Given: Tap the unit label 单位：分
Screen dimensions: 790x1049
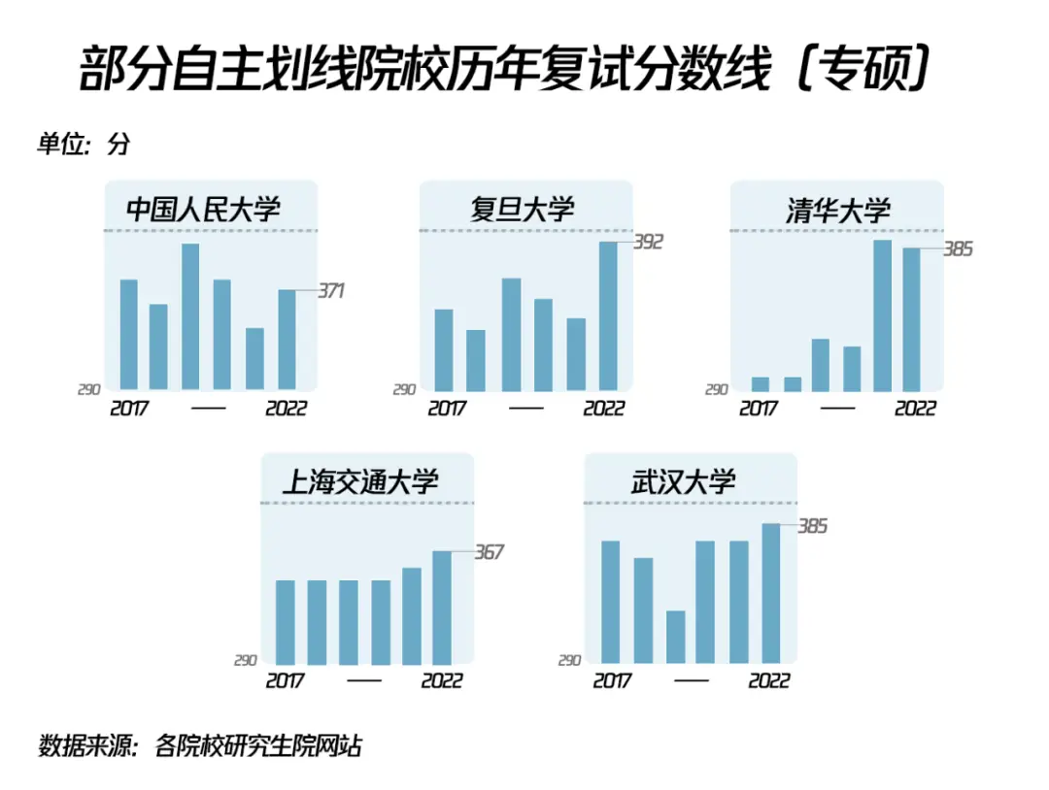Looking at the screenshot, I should tap(83, 146).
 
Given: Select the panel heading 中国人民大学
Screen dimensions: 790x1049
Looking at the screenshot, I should tap(203, 209).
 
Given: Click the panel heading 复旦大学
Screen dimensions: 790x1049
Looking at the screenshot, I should tap(523, 209).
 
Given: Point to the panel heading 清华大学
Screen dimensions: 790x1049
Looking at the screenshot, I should tap(837, 210).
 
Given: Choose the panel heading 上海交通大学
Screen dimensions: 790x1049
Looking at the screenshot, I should tap(360, 481).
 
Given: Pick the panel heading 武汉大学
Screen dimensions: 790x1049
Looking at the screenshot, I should tap(683, 481).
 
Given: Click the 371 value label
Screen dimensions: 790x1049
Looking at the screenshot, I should tap(331, 290).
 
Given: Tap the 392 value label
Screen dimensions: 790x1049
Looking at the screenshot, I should tap(647, 242).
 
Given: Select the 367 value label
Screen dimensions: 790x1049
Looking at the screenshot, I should tap(489, 552).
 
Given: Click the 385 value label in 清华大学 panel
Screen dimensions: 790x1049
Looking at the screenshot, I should tap(958, 249).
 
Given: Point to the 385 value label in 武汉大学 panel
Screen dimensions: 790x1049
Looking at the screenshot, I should tap(812, 526).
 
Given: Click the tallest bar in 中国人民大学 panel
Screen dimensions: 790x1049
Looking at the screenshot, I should tap(190, 316).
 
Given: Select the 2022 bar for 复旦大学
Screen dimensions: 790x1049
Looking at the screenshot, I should tap(608, 315).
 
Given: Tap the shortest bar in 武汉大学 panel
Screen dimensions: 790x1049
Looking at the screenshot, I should tap(675, 637).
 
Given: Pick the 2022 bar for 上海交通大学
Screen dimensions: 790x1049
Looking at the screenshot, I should tap(442, 608).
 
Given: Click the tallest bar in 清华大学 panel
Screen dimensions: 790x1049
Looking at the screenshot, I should tap(882, 314).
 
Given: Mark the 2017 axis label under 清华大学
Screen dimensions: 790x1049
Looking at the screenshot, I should tap(759, 409).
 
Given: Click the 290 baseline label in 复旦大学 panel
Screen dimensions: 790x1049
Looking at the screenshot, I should tap(404, 390).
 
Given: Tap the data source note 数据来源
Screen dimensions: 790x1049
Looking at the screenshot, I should tap(200, 746).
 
